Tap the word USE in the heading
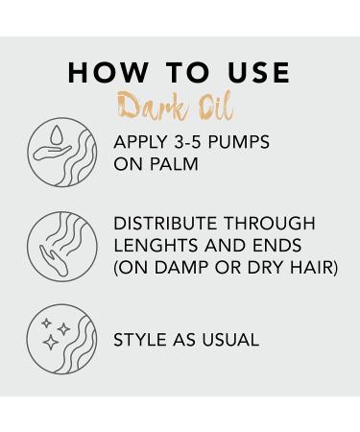[252, 74]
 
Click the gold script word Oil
[212, 105]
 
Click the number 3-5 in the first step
[193, 142]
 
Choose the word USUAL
[229, 340]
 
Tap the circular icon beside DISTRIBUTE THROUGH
[62, 247]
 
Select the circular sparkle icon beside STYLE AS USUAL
[62, 340]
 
